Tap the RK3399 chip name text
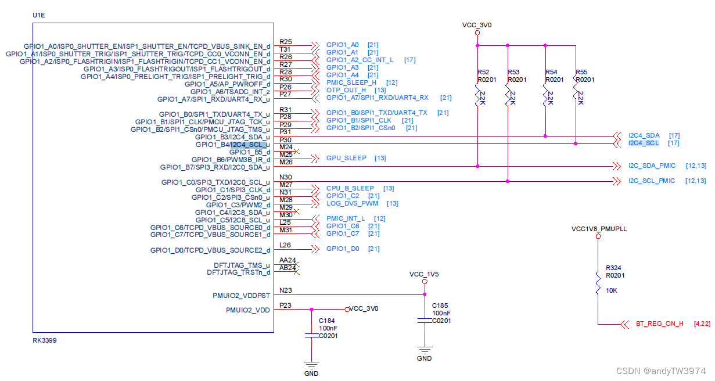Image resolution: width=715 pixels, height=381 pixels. pos(44,340)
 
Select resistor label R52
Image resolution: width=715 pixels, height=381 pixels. pos(483,72)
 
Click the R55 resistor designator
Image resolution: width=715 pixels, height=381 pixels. pos(581,72)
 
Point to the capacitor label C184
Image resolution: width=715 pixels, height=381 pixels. pos(327,320)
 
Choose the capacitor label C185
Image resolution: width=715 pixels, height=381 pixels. pos(440,305)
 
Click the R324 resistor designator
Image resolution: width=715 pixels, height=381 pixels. pos(613,268)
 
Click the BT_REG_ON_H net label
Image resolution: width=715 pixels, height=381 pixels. pos(659,324)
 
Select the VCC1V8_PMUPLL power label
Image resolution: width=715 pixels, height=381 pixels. pos(599,229)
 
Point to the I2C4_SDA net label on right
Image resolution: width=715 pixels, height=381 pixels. pos(644,135)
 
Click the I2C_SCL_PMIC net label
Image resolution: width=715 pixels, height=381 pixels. pos(651,181)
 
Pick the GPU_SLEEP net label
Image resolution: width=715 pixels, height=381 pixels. pos(346,158)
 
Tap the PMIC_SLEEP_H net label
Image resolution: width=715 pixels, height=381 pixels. pos(351,82)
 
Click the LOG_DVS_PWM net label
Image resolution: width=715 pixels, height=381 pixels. pos(352,203)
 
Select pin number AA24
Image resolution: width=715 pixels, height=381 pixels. pos(288,260)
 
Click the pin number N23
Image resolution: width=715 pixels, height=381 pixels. pos(285,290)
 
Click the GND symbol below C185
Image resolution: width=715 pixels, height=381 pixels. pos(425,351)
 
